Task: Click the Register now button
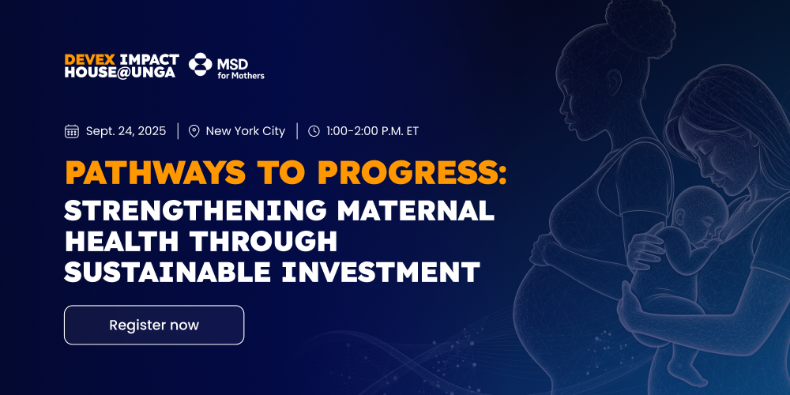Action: tap(154, 325)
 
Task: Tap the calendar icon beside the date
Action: tap(72, 131)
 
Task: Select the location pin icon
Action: tap(194, 131)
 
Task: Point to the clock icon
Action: tap(314, 131)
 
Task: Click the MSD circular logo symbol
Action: tap(200, 65)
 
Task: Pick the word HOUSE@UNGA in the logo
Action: tap(120, 73)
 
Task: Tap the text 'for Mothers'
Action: tap(241, 76)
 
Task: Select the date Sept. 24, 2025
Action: tap(126, 131)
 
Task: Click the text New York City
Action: tap(246, 131)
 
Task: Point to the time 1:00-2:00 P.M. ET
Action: tap(372, 131)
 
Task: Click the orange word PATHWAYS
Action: tap(156, 173)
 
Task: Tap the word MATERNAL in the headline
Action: tap(416, 209)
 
